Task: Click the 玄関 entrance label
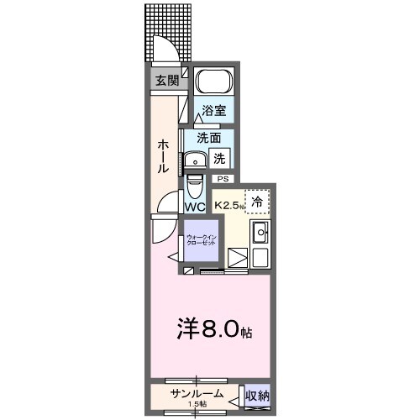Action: point(166,81)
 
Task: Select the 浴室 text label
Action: point(214,111)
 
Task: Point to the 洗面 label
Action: point(209,138)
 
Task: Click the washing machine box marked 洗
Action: point(218,157)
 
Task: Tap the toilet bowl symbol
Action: point(194,183)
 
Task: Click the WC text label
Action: point(195,206)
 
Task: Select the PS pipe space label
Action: point(223,179)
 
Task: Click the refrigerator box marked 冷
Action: point(257,202)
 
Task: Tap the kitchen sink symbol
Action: point(260,233)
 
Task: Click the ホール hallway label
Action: point(164,156)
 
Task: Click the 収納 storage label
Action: point(257,395)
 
